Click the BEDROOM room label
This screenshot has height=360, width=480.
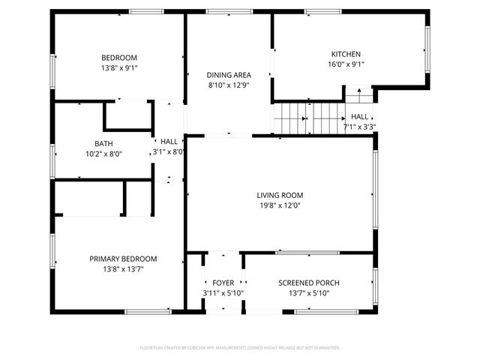119,58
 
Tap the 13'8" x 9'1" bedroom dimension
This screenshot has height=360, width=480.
119,67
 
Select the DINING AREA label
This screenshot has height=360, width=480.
228,75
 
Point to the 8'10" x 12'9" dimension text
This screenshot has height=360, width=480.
228,85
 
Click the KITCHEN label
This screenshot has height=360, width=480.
346,54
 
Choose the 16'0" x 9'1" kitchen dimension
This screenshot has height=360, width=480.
346,64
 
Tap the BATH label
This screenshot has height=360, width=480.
103,143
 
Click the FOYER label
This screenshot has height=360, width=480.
223,283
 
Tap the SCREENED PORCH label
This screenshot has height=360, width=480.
308,283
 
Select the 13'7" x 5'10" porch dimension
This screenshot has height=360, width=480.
308,292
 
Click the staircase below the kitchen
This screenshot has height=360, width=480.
291,118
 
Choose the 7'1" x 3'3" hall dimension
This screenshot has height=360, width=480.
359,127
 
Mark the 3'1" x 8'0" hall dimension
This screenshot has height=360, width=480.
169,151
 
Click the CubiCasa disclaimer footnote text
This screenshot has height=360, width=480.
240,347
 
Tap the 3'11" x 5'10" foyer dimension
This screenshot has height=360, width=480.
223,292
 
